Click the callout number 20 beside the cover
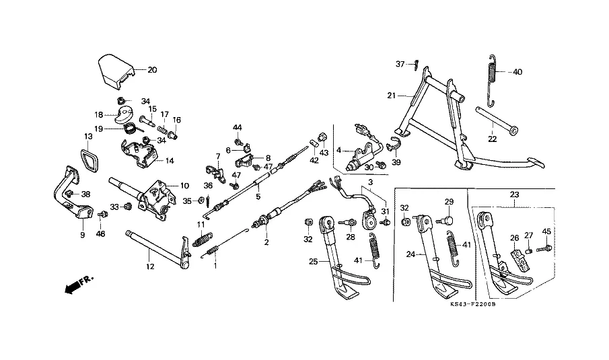(x=151, y=69)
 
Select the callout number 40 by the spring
(x=517, y=71)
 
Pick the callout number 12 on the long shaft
(x=149, y=266)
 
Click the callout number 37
(x=400, y=64)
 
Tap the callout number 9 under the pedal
(x=82, y=236)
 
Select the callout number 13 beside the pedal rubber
(x=88, y=137)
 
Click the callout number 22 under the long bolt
(x=492, y=139)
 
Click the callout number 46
(x=100, y=234)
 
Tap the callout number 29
(x=449, y=202)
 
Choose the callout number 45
(x=546, y=232)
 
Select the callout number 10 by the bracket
(x=184, y=186)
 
